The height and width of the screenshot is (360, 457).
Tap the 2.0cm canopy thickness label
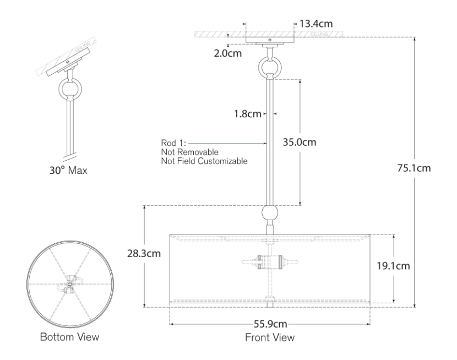(228, 53)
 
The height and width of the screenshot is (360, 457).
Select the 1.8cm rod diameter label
(248, 113)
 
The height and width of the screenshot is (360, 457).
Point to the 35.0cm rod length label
(300, 142)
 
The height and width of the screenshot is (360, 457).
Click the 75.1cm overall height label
(414, 168)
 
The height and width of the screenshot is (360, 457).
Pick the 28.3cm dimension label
(144, 253)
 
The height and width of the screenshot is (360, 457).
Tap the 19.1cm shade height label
(394, 266)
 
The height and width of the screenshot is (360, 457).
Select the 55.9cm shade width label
(270, 324)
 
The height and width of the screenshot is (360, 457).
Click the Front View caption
(270, 337)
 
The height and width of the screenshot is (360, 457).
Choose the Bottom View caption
(70, 337)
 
